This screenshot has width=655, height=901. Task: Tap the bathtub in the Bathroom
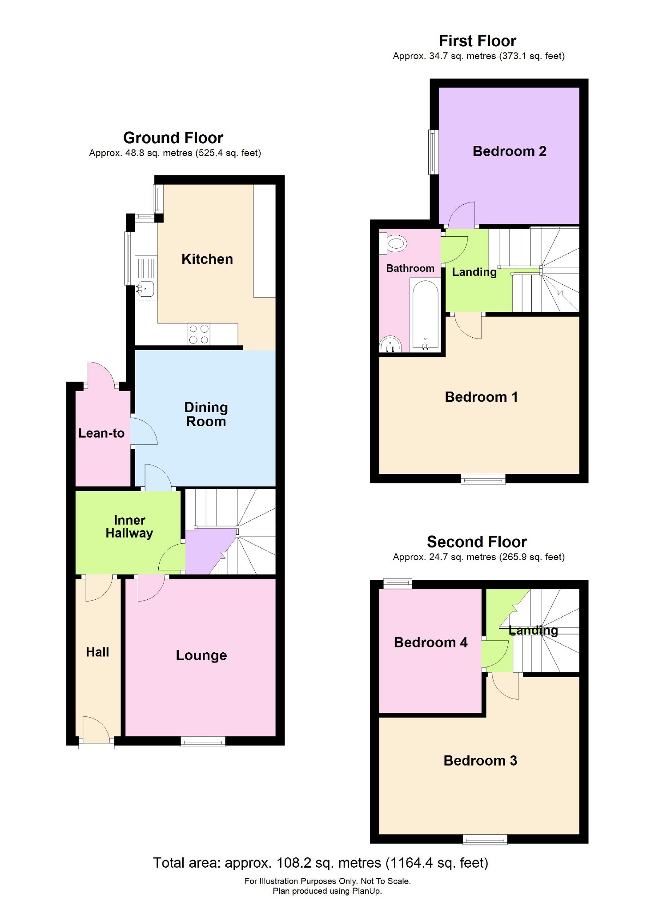[426, 314]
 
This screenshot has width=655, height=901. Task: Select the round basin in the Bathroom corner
[390, 344]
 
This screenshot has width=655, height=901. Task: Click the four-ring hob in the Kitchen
[199, 334]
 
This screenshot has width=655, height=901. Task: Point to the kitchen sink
[145, 289]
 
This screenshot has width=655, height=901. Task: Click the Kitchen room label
[207, 259]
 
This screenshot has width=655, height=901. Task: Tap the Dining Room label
[206, 414]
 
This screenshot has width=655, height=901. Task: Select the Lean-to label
[101, 433]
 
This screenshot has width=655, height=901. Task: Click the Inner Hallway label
[129, 526]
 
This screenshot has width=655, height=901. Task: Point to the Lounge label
[201, 655]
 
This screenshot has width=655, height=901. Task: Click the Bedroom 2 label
[509, 151]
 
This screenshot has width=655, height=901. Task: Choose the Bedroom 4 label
[430, 642]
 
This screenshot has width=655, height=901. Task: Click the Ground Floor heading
[173, 138]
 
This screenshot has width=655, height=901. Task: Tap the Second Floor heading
[477, 541]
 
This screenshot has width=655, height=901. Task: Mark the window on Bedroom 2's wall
[433, 152]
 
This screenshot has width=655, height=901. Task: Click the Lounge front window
[203, 741]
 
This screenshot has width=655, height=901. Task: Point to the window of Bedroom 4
[398, 584]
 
